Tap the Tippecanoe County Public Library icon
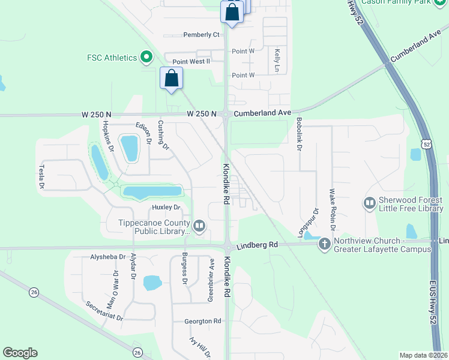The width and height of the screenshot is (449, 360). click(x=199, y=226)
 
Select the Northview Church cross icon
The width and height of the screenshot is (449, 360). click(x=325, y=244)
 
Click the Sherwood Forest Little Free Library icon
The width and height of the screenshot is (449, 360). click(x=369, y=204)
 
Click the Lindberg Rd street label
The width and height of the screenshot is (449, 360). click(x=257, y=245)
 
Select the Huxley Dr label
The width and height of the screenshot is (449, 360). click(x=166, y=208)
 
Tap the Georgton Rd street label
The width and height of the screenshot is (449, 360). click(x=202, y=321)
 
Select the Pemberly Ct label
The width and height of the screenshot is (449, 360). click(x=202, y=35)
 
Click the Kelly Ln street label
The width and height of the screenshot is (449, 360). click(x=277, y=61)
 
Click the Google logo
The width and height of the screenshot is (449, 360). click(x=20, y=353)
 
